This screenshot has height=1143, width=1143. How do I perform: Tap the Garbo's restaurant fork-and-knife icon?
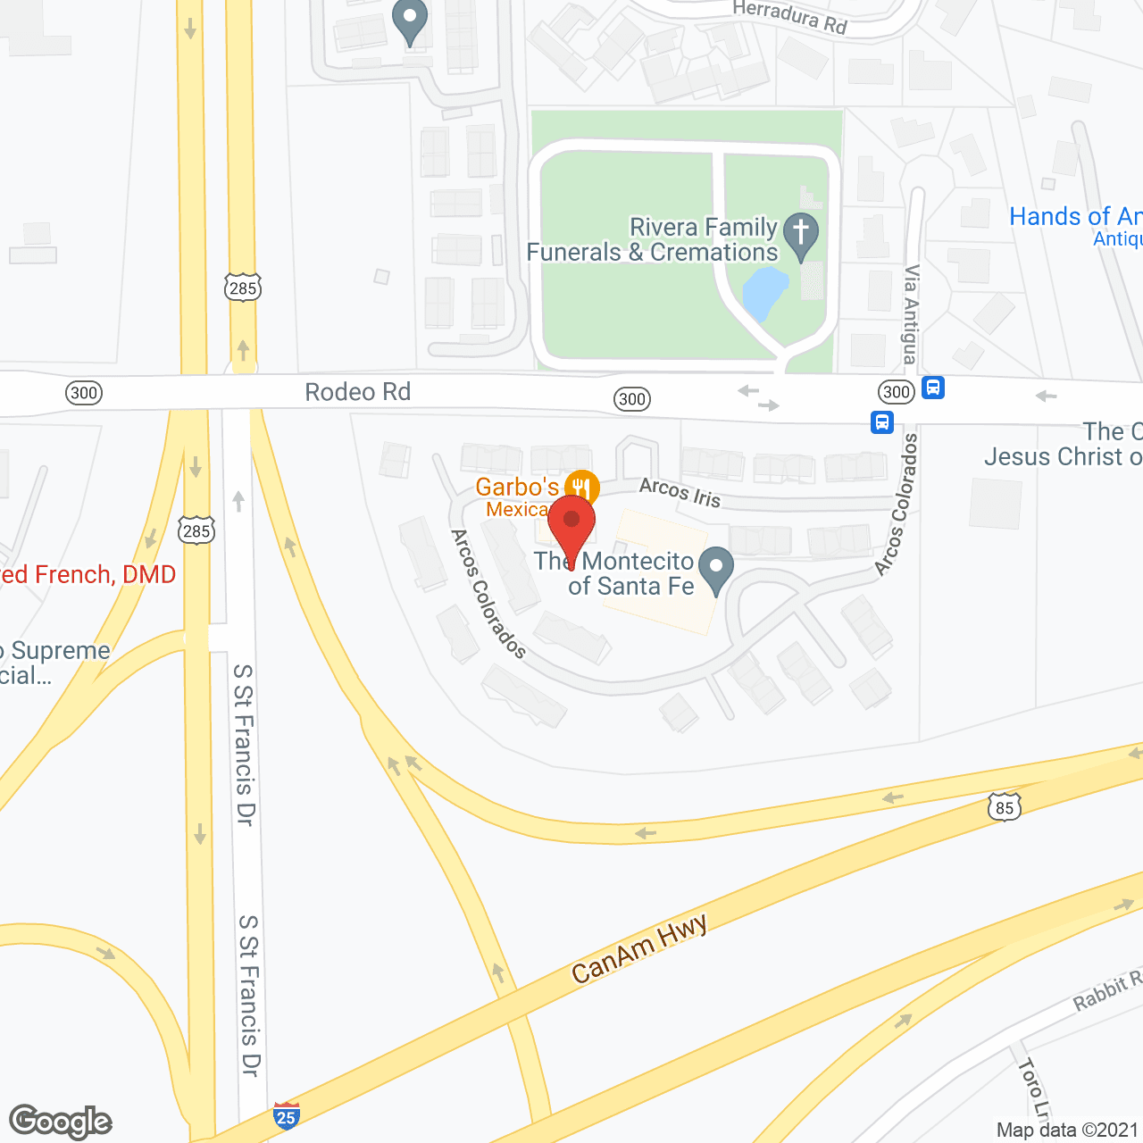pos(581,488)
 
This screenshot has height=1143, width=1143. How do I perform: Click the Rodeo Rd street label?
pos(357,392)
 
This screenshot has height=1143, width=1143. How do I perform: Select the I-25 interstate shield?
pos(286,1116)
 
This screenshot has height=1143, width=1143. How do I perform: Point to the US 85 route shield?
pos(1005,807)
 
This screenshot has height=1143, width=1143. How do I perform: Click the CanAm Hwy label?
pos(639,949)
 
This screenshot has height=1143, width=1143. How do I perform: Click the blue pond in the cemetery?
pos(764,294)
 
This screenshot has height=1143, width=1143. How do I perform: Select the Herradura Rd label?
pos(789,17)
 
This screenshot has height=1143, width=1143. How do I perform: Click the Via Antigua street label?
pos(911,313)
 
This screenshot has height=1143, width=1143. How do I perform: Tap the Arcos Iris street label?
pos(680,492)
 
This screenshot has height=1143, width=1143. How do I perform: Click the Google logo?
pos(60,1122)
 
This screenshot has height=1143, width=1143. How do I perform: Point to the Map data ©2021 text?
pos(1067,1130)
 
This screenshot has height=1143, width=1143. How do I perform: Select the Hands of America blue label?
pos(1075,217)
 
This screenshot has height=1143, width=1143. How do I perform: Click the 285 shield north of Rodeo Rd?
pos(243,288)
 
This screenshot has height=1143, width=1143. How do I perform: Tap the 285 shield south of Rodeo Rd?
pos(196,531)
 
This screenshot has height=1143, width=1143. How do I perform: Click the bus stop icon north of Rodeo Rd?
pos(933,388)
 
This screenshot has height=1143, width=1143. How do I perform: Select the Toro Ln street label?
pos(1032,1089)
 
